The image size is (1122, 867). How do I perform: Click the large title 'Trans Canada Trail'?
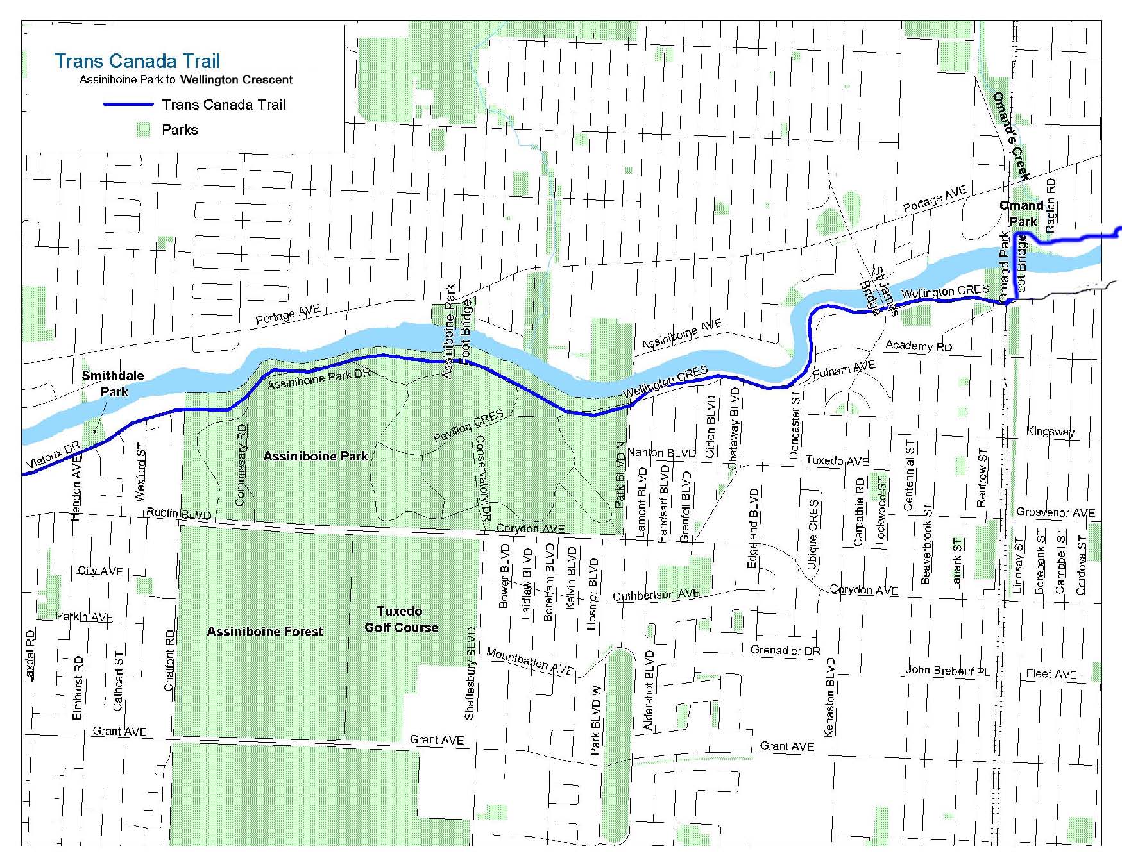tap(137, 62)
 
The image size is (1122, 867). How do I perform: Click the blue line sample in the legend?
tap(128, 105)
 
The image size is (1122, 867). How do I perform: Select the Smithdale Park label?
tap(113, 383)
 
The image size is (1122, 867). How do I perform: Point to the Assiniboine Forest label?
tap(265, 632)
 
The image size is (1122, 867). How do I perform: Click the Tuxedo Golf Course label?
tap(401, 619)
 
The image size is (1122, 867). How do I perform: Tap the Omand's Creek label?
tap(1011, 136)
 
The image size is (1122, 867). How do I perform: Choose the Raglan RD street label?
tap(1050, 205)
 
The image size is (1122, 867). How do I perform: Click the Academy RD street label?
tap(919, 346)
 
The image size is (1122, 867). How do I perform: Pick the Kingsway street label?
tap(1050, 432)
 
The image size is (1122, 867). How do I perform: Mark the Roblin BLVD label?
tap(178, 514)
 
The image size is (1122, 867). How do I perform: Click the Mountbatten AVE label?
tap(530, 661)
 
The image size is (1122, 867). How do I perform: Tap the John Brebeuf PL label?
tap(948, 671)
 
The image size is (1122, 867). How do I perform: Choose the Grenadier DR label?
tap(785, 650)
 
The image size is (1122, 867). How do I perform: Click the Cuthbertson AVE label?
tap(656, 594)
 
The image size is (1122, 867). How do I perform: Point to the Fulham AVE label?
tap(843, 370)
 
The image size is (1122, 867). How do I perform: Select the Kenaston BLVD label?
tap(830, 697)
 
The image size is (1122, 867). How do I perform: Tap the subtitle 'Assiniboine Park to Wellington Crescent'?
tap(185, 80)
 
